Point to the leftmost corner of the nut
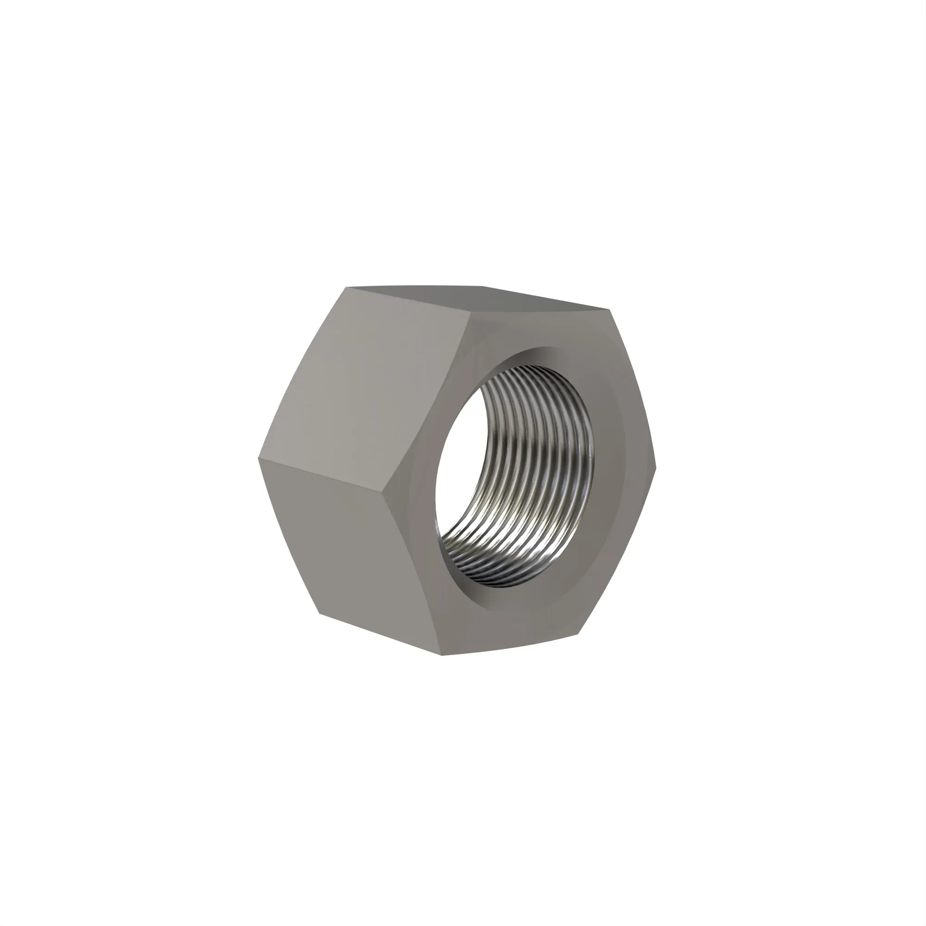point(258,458)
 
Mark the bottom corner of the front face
point(442,655)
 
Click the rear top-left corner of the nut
point(346,288)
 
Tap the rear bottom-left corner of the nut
point(319,613)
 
